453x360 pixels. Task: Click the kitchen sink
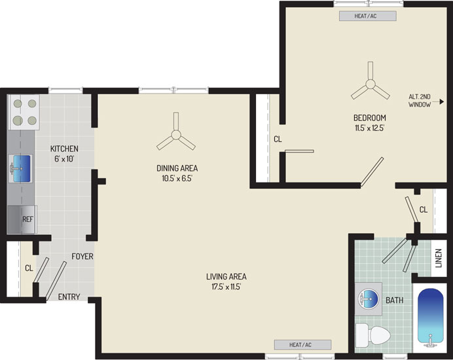pyautogui.click(x=20, y=168)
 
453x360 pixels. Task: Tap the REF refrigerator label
pyautogui.click(x=27, y=219)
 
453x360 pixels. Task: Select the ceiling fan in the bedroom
pyautogui.click(x=370, y=84)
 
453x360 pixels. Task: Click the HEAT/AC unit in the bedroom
pyautogui.click(x=367, y=16)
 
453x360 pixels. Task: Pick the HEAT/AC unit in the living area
pyautogui.click(x=302, y=344)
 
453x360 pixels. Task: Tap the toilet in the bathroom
pyautogui.click(x=372, y=334)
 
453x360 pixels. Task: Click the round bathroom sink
pyautogui.click(x=367, y=299)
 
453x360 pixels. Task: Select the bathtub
pyautogui.click(x=431, y=317)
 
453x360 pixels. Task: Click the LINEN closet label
pyautogui.click(x=439, y=259)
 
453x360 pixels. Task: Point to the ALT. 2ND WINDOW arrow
pyautogui.click(x=437, y=101)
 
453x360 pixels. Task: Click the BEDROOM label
pyautogui.click(x=370, y=118)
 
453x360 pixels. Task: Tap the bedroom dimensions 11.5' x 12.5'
pyautogui.click(x=370, y=128)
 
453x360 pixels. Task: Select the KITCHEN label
pyautogui.click(x=64, y=149)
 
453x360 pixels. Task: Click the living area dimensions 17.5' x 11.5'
pyautogui.click(x=226, y=287)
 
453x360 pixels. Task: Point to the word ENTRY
pyautogui.click(x=69, y=297)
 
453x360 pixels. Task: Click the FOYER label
pyautogui.click(x=82, y=257)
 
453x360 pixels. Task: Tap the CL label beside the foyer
pyautogui.click(x=29, y=268)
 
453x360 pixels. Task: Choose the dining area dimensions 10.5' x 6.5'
pyautogui.click(x=177, y=178)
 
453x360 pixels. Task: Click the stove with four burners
pyautogui.click(x=25, y=112)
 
